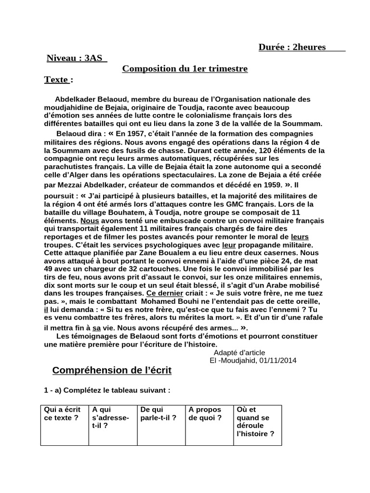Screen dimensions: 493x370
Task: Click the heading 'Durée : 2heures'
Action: [x=292, y=47]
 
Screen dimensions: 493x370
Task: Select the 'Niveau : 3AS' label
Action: [x=74, y=58]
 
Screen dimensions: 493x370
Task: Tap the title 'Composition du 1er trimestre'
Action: [x=185, y=69]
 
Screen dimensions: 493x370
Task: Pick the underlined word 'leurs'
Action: [x=300, y=237]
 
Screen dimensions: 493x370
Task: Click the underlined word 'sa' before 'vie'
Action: [x=96, y=327]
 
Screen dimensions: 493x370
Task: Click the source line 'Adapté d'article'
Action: [x=239, y=352]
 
